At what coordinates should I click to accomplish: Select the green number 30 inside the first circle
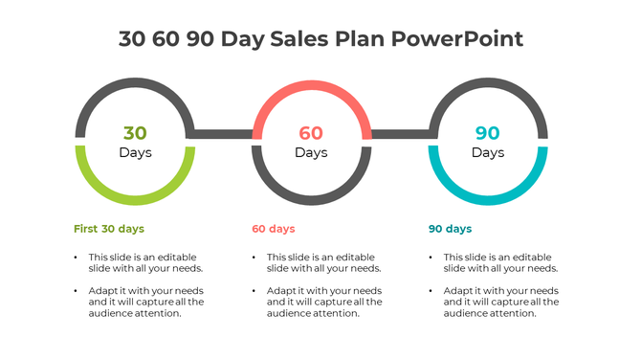pyautogui.click(x=135, y=133)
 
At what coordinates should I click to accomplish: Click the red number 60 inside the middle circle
pyautogui.click(x=311, y=133)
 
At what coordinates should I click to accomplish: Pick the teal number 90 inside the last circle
pyautogui.click(x=488, y=133)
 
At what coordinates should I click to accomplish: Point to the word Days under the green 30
pyautogui.click(x=135, y=152)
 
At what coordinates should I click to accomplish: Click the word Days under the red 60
pyautogui.click(x=311, y=152)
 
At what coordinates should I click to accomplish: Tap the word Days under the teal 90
pyautogui.click(x=488, y=152)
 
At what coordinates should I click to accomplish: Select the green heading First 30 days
pyautogui.click(x=109, y=229)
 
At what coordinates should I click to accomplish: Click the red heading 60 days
pyautogui.click(x=274, y=229)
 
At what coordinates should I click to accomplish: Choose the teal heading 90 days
pyautogui.click(x=450, y=229)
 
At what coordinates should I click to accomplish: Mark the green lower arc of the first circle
pyautogui.click(x=135, y=198)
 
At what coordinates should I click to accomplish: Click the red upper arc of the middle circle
pyautogui.click(x=311, y=86)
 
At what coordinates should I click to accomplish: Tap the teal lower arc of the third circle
pyautogui.click(x=488, y=198)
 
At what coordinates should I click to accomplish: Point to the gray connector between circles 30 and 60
pyautogui.click(x=223, y=134)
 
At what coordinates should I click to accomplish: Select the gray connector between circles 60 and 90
pyautogui.click(x=400, y=134)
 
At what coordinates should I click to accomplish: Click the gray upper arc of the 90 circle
pyautogui.click(x=488, y=86)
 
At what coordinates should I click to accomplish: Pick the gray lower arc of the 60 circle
pyautogui.click(x=311, y=198)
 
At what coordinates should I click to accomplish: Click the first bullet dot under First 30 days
pyautogui.click(x=76, y=258)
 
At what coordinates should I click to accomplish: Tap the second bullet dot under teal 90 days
pyautogui.click(x=430, y=290)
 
